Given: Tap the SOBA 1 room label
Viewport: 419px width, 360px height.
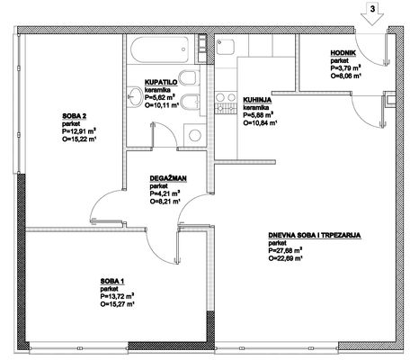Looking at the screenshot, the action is point(112,281).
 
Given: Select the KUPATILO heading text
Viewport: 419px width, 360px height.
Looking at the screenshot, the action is point(161,82).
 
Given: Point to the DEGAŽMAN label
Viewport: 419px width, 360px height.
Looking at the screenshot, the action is point(168,178).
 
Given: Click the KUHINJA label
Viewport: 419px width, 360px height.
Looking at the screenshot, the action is point(257,100).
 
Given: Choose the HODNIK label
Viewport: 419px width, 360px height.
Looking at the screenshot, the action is point(343,53).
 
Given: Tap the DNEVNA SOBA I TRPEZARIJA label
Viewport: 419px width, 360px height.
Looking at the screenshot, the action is point(315,235).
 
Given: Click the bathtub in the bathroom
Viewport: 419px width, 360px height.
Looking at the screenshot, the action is point(159,49).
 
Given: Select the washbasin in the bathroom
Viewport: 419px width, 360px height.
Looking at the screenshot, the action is point(135,96).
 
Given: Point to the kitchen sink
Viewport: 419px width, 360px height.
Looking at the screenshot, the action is point(225,47).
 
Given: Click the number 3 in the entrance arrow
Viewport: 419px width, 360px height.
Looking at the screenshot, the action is point(372,9).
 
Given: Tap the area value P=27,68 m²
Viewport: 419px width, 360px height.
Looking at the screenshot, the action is point(285,250).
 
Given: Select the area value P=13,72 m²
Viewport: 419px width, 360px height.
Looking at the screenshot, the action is point(117,296).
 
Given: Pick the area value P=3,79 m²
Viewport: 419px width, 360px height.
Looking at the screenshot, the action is point(345,68).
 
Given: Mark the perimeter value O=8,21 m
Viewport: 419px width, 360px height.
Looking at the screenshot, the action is point(165,202).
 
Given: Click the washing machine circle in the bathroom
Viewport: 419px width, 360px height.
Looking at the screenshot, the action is point(195,135).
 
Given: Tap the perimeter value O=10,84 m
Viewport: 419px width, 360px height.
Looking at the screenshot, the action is point(260,122).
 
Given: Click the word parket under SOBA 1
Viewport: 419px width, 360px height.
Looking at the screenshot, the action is point(109,289).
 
